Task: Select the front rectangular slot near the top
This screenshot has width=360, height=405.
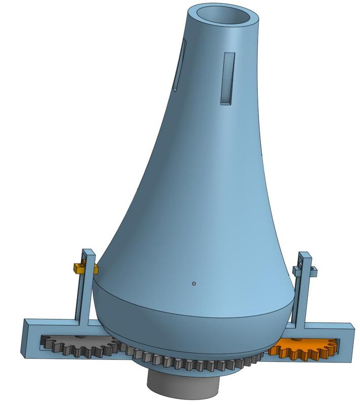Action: [227, 78]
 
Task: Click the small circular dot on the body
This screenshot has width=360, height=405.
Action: [194, 283]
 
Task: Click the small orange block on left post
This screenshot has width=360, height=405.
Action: [79, 268]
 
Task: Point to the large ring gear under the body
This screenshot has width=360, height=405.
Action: [192, 363]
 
